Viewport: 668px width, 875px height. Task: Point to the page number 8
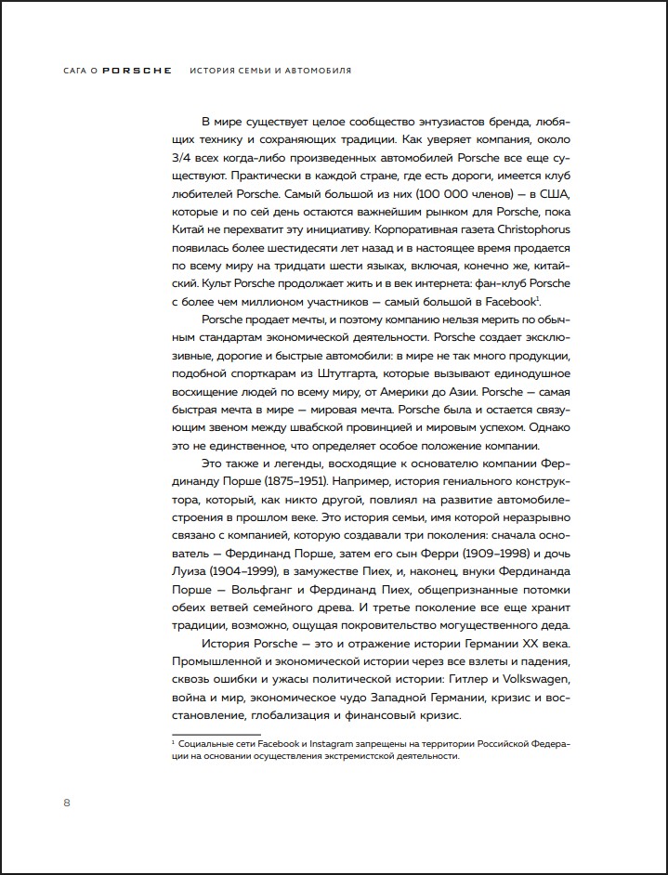pyautogui.click(x=66, y=802)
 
